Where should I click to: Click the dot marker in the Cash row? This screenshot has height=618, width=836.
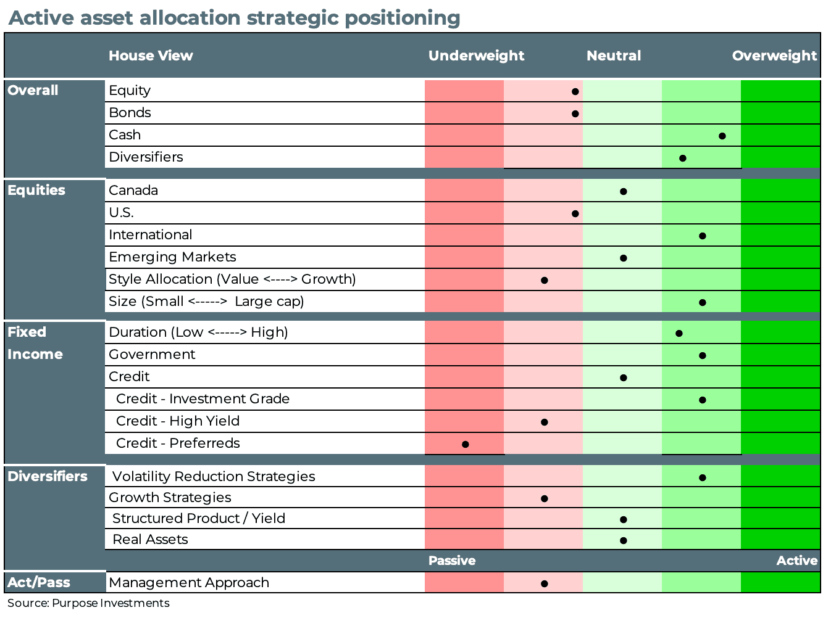[x=722, y=136]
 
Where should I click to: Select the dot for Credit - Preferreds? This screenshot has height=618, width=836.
[x=465, y=444]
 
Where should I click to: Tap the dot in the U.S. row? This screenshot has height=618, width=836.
[x=575, y=213]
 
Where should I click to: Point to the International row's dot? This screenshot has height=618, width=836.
[x=702, y=236]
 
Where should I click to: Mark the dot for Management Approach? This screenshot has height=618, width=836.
[x=544, y=583]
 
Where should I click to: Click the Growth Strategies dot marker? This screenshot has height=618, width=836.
[x=544, y=498]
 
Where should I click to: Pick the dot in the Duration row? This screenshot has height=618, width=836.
[x=679, y=333]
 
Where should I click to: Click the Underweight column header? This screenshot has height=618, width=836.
[x=476, y=56]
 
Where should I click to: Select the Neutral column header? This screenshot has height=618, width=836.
[x=613, y=56]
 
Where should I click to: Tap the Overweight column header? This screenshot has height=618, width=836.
[x=774, y=56]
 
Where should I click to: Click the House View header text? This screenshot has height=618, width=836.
[x=151, y=56]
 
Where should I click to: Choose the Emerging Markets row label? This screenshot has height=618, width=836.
[x=172, y=257]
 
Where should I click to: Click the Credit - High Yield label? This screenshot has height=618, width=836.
[x=178, y=421]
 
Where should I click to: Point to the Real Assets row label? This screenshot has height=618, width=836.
[x=150, y=540]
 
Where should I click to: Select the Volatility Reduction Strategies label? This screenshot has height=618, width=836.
[x=214, y=477]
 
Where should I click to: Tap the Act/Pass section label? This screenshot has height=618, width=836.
[x=39, y=582]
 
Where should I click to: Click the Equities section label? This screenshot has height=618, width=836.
[x=36, y=190]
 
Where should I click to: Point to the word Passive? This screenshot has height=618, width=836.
[x=452, y=561]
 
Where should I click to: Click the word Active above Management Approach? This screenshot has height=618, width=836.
[x=796, y=561]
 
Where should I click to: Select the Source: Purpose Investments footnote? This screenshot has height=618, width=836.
[x=88, y=603]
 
